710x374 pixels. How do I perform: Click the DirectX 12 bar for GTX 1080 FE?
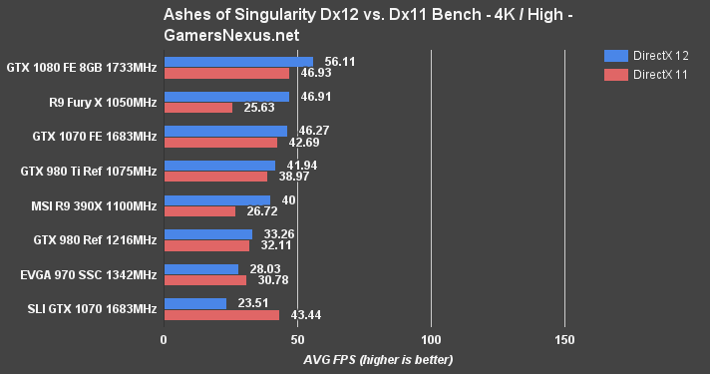pyautogui.click(x=238, y=62)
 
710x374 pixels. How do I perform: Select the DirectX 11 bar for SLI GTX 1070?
pyautogui.click(x=221, y=315)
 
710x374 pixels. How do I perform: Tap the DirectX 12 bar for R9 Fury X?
pyautogui.click(x=226, y=97)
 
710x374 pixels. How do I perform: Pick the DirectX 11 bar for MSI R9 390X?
pyautogui.click(x=199, y=211)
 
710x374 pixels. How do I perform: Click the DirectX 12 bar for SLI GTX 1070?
pyautogui.click(x=195, y=303)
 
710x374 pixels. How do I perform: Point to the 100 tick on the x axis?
pyautogui.click(x=431, y=338)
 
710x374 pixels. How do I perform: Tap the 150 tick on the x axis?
pyautogui.click(x=564, y=338)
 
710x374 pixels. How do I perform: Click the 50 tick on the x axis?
pyautogui.click(x=297, y=338)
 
